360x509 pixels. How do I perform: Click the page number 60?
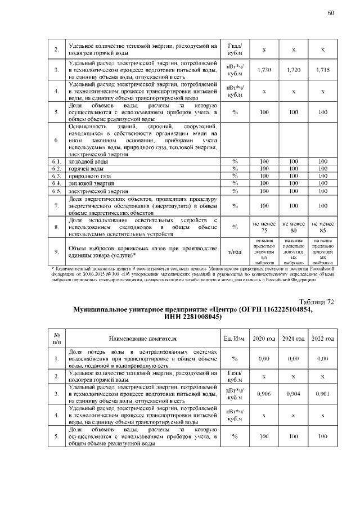(331, 13)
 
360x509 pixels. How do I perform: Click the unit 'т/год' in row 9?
(235, 252)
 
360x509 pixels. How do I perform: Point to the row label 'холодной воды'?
(85, 161)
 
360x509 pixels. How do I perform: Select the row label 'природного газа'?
(87, 176)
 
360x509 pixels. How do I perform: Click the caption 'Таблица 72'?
(317, 302)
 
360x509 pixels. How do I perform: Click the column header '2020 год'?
(264, 339)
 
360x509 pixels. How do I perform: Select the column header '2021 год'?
(293, 339)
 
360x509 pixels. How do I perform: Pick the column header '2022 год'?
(322, 339)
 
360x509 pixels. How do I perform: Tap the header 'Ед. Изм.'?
(235, 339)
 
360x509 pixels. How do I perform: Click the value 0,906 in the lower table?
(264, 394)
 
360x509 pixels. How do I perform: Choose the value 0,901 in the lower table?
(322, 394)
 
